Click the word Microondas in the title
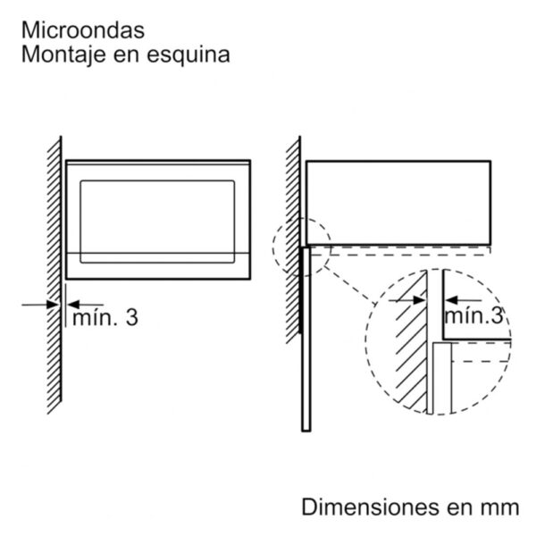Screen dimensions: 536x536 (x=83, y=30)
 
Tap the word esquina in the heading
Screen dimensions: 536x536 (x=188, y=55)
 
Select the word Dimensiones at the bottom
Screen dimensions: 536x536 (x=371, y=507)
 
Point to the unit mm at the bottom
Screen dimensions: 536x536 (x=500, y=508)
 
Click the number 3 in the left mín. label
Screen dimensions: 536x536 (x=132, y=317)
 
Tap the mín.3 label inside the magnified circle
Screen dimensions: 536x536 (x=473, y=315)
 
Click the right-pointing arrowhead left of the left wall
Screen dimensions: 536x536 (x=53, y=305)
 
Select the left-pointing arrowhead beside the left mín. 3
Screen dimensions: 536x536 (x=73, y=305)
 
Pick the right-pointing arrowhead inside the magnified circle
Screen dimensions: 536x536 (x=419, y=300)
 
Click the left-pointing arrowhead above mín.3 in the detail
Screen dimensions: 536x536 (x=451, y=300)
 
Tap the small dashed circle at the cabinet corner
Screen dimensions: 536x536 (x=273, y=247)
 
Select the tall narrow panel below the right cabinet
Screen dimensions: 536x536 (x=306, y=339)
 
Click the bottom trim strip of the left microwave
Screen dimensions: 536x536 (x=158, y=266)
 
